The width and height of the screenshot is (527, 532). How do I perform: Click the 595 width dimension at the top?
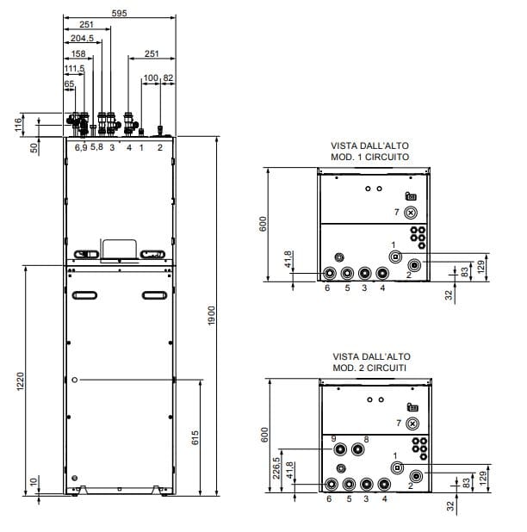[119, 13]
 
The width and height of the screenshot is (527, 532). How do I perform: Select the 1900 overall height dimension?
[212, 316]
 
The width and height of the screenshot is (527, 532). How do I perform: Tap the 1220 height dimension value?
[21, 381]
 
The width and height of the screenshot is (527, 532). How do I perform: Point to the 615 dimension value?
[195, 437]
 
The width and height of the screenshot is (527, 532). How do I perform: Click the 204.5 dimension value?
[82, 38]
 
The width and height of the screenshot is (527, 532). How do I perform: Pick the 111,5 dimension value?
[74, 69]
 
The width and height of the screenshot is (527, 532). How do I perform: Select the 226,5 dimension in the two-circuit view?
[276, 468]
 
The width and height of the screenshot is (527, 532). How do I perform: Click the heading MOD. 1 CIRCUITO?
[370, 157]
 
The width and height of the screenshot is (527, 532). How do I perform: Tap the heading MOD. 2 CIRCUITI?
[369, 368]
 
